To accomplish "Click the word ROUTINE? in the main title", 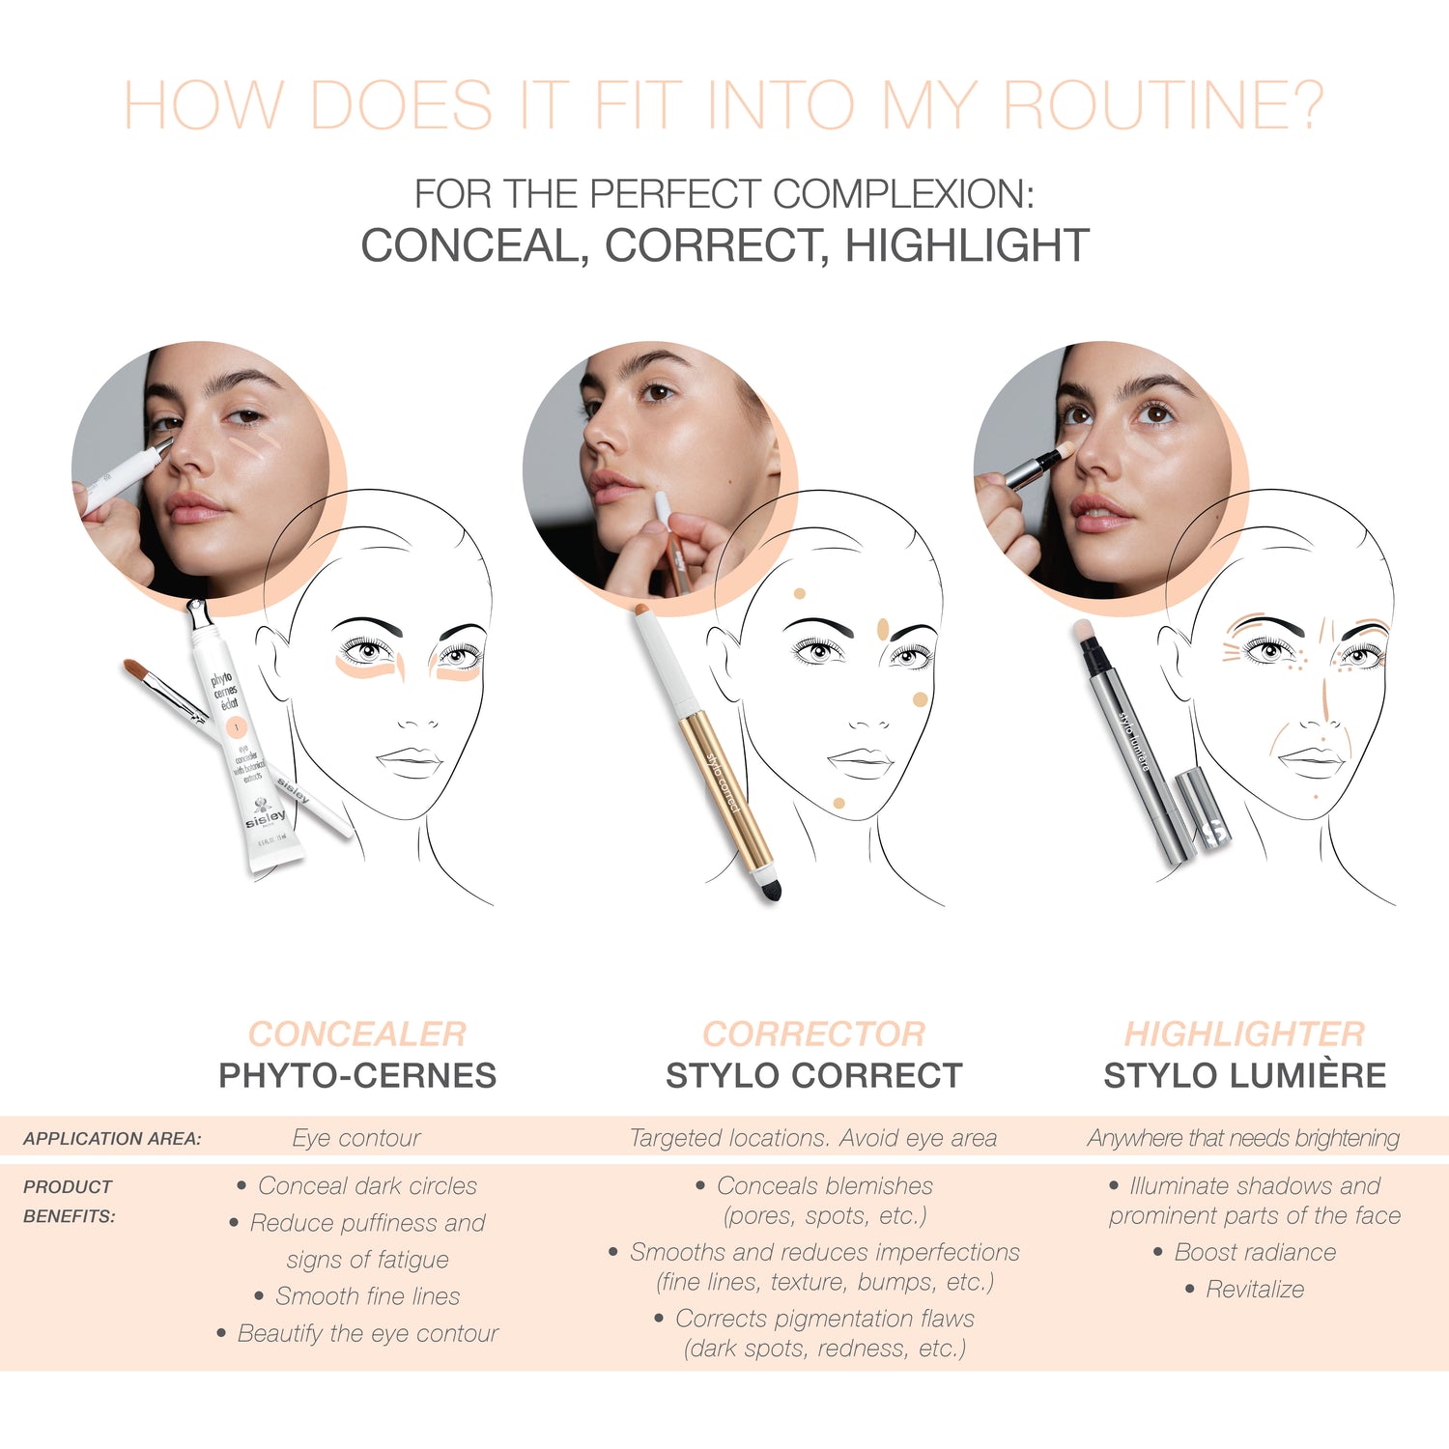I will click(1163, 105).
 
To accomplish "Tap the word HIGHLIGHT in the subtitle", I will click(967, 245).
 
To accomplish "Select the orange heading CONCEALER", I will click(356, 1034).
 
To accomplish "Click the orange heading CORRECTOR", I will click(813, 1034).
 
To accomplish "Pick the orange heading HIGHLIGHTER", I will click(1244, 1034).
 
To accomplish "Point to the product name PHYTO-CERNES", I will click(356, 1075).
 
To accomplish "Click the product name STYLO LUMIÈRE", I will click(1244, 1075).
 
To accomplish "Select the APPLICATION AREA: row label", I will click(112, 1139).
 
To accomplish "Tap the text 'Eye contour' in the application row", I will click(356, 1138).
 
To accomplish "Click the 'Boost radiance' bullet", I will click(1254, 1252).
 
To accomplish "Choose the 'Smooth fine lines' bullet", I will click(367, 1295).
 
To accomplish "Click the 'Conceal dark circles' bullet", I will click(367, 1185).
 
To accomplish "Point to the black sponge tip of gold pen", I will click(770, 888).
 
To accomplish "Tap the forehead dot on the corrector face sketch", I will click(799, 594).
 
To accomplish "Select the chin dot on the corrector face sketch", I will click(838, 803).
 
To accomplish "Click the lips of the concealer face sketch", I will click(410, 759).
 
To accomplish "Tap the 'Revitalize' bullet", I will click(1254, 1289).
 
